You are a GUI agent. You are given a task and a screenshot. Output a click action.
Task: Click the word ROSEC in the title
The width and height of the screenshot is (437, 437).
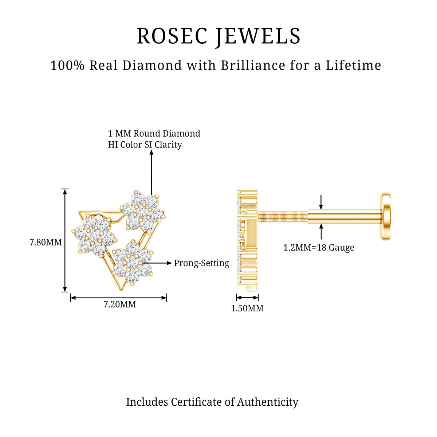pyautogui.click(x=172, y=36)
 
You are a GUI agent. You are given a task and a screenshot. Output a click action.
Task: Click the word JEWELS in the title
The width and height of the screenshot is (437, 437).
pyautogui.click(x=258, y=36)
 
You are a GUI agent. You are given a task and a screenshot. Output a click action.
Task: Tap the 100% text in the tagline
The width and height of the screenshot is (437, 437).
pyautogui.click(x=67, y=66)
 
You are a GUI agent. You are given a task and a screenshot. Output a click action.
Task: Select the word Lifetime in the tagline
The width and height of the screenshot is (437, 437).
pyautogui.click(x=353, y=65)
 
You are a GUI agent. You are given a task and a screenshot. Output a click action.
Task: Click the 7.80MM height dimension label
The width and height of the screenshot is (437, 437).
pyautogui.click(x=46, y=243)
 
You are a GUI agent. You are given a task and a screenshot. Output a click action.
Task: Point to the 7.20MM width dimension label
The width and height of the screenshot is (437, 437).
pyautogui.click(x=120, y=304)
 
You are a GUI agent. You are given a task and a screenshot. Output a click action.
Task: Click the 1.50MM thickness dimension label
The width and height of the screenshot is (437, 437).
pyautogui.click(x=247, y=308)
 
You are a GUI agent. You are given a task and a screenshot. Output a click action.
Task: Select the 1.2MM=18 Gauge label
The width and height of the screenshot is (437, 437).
pyautogui.click(x=319, y=248)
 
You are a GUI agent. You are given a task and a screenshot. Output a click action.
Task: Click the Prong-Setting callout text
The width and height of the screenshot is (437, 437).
pyautogui.click(x=201, y=263)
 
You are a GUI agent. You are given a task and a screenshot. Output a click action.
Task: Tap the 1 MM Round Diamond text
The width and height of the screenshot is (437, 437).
pyautogui.click(x=154, y=133)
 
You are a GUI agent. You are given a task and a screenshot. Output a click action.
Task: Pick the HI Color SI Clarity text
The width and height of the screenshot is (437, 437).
pyautogui.click(x=145, y=145)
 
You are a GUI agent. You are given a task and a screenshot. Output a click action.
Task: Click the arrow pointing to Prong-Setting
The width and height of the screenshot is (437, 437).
pyautogui.click(x=157, y=263)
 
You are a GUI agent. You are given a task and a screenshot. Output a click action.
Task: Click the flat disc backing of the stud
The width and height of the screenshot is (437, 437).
pyautogui.click(x=386, y=217)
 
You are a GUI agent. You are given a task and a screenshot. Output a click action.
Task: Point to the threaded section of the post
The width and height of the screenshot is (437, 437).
pyautogui.click(x=283, y=217)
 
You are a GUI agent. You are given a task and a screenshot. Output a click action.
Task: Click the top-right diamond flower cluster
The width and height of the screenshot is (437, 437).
pyautogui.click(x=142, y=211)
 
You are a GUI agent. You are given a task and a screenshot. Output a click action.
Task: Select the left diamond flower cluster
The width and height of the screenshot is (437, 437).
pyautogui.click(x=94, y=236)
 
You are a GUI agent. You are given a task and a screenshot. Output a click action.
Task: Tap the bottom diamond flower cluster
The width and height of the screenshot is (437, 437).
pyautogui.click(x=133, y=263)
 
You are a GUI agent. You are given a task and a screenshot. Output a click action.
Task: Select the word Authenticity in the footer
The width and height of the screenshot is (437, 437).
pyautogui.click(x=268, y=402)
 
